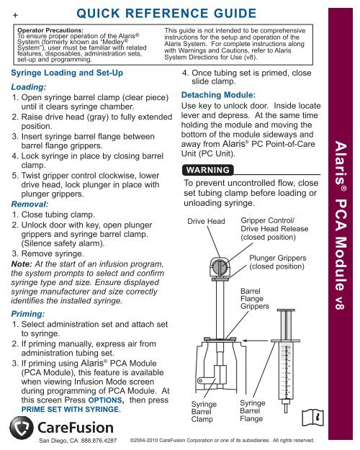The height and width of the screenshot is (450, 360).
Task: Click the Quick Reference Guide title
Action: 166,14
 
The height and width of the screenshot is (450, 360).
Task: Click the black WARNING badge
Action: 208,170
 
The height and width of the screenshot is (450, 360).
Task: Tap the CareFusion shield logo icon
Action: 22,428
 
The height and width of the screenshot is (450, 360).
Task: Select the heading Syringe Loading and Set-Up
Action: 67,73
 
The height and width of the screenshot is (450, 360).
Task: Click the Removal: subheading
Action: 30,204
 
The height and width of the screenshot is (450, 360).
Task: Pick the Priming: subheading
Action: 28,314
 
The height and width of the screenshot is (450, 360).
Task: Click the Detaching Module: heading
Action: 218,95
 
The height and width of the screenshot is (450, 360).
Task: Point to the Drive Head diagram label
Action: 206,221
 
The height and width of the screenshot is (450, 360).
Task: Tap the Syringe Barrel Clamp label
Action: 204,412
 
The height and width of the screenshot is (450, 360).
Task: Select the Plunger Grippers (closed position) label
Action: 277,262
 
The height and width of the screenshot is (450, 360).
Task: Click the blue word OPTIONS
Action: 105,400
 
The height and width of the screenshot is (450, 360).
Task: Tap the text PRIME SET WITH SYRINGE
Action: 70,409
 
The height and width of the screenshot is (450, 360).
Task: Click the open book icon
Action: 313,418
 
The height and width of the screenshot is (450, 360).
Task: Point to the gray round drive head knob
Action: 220,267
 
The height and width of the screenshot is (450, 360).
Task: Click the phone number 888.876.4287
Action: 99,441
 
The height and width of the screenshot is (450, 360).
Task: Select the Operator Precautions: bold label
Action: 50,30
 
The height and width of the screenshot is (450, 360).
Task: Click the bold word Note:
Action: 22,264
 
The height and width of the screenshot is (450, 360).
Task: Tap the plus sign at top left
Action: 15,15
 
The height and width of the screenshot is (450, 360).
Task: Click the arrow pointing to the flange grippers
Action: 256,341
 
